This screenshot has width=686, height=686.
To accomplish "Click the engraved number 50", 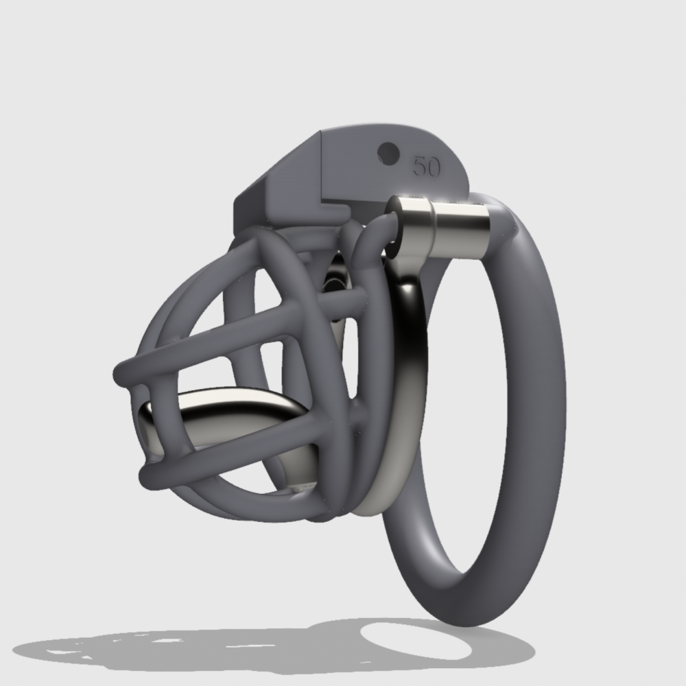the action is (427, 166).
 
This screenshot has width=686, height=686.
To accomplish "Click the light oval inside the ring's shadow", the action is (416, 641).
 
